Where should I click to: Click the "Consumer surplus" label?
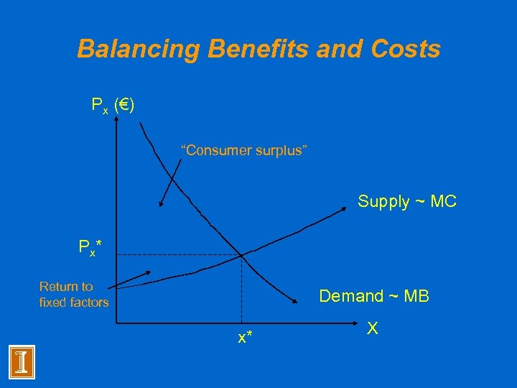point(244,150)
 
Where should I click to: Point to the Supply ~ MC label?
point(407,202)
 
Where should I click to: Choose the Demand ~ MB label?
point(374,296)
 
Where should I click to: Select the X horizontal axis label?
point(373,328)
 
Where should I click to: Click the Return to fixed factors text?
point(74,295)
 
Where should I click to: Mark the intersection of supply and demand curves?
point(241,254)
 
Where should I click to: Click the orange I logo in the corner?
point(22,361)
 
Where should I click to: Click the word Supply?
point(382,202)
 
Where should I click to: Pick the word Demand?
point(351,296)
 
